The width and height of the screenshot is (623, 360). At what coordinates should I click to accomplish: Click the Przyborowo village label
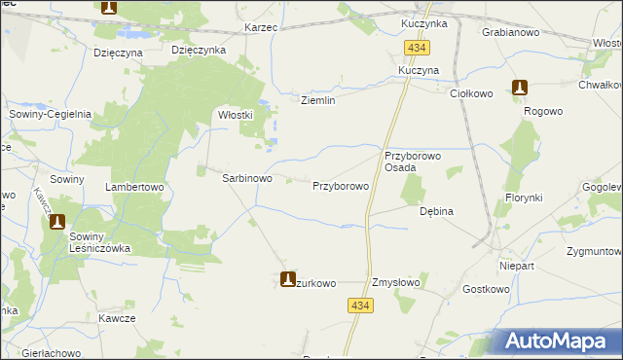tap(340, 185)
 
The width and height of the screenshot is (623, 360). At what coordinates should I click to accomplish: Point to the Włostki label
tap(236, 114)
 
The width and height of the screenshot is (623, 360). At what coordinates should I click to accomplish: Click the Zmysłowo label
tap(396, 283)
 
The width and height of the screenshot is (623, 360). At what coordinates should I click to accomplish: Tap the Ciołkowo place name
tap(473, 93)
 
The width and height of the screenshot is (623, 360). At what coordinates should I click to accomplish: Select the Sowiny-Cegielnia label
tap(50, 114)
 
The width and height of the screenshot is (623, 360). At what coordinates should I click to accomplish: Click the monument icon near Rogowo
tap(521, 88)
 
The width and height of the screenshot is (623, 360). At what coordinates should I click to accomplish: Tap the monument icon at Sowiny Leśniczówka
tap(57, 222)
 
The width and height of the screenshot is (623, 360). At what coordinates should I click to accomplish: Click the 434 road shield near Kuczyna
tap(419, 48)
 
